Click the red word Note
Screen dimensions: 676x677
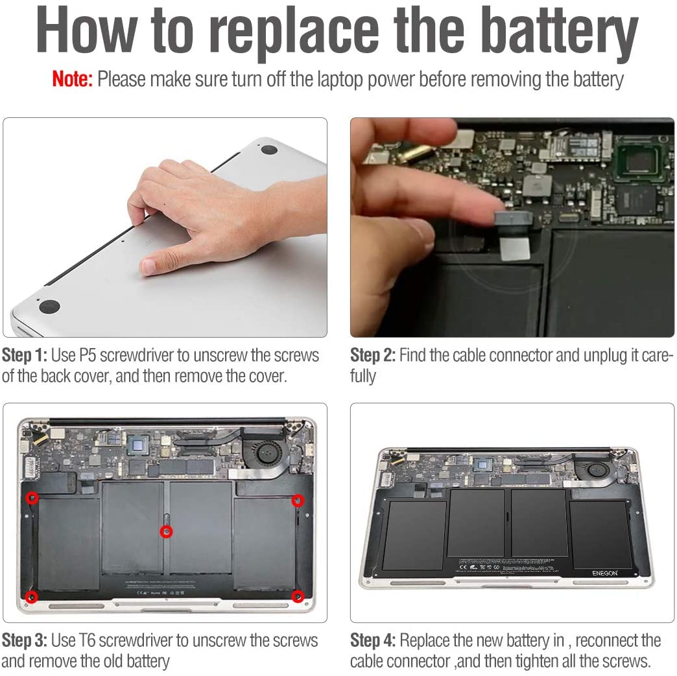(x=72, y=80)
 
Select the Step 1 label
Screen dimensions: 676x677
(x=24, y=355)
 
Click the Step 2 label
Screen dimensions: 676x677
(x=373, y=355)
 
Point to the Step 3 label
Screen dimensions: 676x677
(x=24, y=640)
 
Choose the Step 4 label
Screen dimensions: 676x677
(x=373, y=640)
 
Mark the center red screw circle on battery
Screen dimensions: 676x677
(x=167, y=531)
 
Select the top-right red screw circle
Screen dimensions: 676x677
(x=298, y=500)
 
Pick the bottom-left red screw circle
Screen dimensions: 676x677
(x=32, y=596)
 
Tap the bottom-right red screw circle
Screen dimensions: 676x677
(x=298, y=596)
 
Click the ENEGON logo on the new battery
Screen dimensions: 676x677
(x=604, y=573)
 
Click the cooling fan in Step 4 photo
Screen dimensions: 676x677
(x=593, y=470)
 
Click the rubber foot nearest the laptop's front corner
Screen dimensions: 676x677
(x=49, y=307)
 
